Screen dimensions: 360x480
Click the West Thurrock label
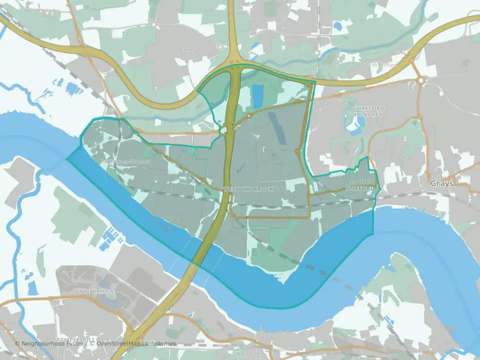tap(241, 189)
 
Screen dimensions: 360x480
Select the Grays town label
tap(442, 183)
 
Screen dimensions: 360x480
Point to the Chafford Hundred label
tap(368, 111)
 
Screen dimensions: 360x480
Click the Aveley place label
tap(188, 49)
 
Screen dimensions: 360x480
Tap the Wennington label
tap(39, 10)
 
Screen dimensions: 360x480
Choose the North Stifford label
tap(379, 65)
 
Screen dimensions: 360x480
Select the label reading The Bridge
tap(97, 291)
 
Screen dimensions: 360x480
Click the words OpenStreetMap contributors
tap(136, 343)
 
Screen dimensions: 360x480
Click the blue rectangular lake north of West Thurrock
tap(257, 96)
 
